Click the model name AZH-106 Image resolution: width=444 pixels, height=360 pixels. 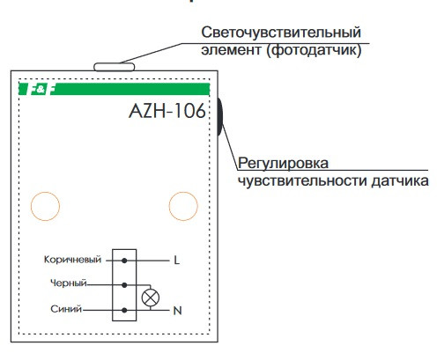click(x=166, y=112)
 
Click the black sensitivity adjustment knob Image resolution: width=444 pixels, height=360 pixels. click(x=217, y=119)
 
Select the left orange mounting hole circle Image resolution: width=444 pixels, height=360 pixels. click(x=45, y=206)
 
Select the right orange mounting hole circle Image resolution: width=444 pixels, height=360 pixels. click(x=183, y=206)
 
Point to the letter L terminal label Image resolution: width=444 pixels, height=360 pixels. click(x=177, y=261)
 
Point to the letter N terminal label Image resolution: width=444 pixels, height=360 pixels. click(x=178, y=309)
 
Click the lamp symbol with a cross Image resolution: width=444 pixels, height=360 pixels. click(x=151, y=298)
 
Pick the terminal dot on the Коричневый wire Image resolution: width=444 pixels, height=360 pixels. click(x=125, y=261)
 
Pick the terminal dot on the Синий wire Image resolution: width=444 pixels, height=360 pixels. click(x=125, y=309)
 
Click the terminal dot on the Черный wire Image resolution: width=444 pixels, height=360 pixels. click(x=125, y=285)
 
